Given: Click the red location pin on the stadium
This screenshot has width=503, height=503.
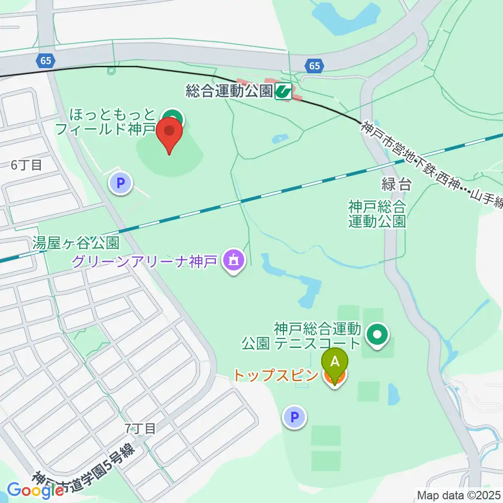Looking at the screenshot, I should click(x=169, y=132).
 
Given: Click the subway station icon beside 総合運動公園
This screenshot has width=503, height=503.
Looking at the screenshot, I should click(x=283, y=92).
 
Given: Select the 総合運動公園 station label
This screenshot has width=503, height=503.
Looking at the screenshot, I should click(x=229, y=92).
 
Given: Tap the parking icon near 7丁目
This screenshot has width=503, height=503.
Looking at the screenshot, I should click(x=294, y=418).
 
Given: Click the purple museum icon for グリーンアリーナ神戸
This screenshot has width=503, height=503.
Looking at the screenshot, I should click(x=234, y=259).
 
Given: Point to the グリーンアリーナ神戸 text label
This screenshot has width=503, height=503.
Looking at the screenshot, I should click(x=145, y=259).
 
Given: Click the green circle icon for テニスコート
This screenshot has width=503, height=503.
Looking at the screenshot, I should click(x=377, y=333).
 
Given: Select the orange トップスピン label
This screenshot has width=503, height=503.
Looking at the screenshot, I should click(x=276, y=376).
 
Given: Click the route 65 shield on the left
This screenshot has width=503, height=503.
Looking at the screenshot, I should click(x=46, y=61).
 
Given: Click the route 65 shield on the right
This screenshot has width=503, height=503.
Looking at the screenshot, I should click(x=314, y=65).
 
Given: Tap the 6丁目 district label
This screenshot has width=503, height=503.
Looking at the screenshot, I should click(x=26, y=165).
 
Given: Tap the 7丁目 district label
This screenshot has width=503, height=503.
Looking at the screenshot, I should click(x=140, y=429).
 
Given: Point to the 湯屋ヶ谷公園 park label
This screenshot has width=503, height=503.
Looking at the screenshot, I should click(x=76, y=243).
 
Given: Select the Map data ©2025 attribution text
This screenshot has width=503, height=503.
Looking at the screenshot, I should click(x=459, y=495).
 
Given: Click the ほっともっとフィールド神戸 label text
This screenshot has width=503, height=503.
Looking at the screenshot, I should click(x=113, y=122).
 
